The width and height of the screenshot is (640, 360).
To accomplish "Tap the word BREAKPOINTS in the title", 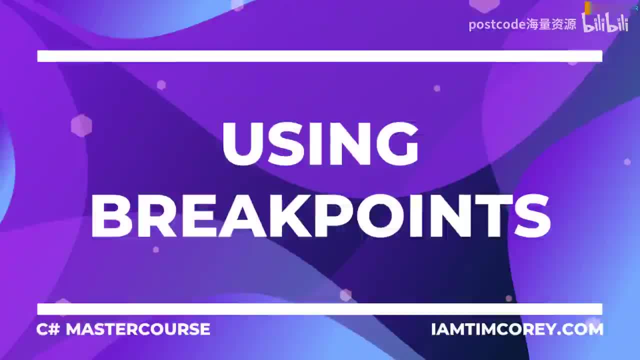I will point(320,216).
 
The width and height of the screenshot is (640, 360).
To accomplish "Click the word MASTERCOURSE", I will point(138,329).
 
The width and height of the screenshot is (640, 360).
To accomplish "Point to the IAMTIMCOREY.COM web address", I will point(517,329).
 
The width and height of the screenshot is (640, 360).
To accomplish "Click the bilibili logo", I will point(605,23).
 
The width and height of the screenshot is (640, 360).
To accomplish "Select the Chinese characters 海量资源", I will point(551,24).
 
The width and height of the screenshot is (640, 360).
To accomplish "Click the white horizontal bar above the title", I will point(319,56).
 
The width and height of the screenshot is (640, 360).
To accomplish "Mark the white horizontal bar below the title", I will point(319,309).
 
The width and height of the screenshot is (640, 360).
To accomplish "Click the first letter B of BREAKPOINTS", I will point(111,216).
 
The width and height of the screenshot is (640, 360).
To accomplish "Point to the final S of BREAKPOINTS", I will point(531,216).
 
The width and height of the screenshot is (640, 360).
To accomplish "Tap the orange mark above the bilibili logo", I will point(588,7).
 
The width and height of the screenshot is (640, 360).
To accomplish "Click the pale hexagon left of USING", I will point(81,125).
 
